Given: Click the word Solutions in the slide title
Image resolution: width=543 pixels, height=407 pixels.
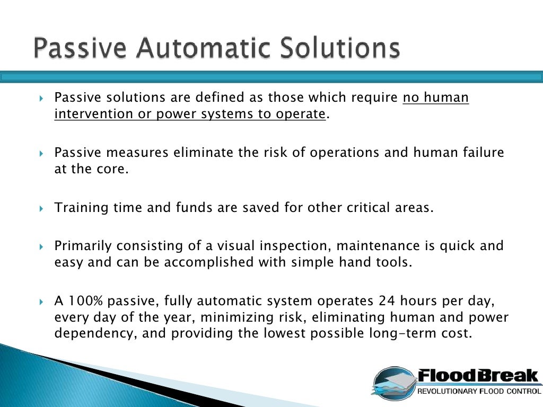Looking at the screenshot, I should (339, 48).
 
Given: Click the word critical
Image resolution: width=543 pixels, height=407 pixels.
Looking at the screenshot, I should (375, 208).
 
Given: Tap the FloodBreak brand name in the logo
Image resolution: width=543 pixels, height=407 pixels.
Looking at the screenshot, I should (477, 377).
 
